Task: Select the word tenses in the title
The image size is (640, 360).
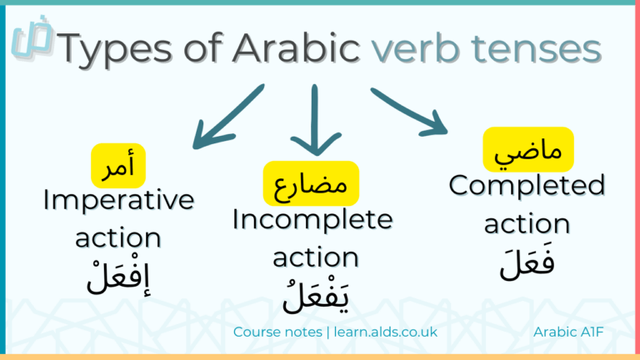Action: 541,51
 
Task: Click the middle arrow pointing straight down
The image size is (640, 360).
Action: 316,121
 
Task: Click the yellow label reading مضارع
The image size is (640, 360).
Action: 311,181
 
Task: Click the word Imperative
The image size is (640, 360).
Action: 118,200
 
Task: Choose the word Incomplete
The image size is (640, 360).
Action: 312,220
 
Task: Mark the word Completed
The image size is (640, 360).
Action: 527,185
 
